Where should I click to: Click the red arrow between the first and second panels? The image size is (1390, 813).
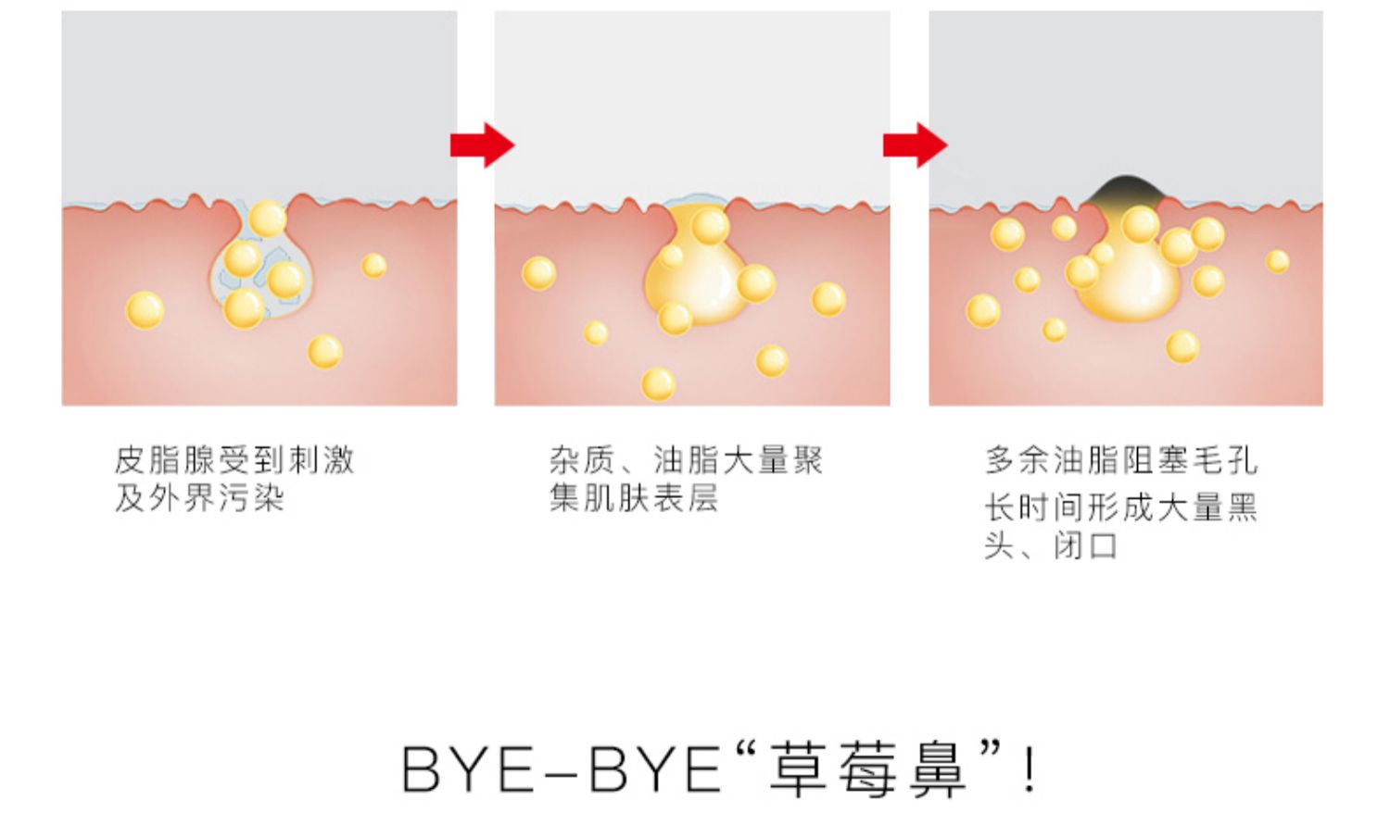pos(481,145)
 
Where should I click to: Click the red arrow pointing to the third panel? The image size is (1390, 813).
pos(914,145)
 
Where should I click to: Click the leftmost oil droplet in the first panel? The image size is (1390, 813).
pos(145,310)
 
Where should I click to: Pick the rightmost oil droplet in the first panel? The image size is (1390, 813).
pos(374,266)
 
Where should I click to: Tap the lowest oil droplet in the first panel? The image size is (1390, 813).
pos(324,352)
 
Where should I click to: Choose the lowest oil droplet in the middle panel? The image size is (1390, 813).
pos(658,383)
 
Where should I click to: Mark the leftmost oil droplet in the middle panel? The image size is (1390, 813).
pos(538,273)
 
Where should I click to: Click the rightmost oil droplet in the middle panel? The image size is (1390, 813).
pos(828,299)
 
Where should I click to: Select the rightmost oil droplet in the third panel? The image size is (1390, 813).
pos(1278,261)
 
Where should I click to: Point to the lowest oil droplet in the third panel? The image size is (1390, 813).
pos(1182,347)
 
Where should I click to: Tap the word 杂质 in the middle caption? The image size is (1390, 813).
pos(583,459)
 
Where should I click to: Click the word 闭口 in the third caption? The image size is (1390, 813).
pos(1086,546)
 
